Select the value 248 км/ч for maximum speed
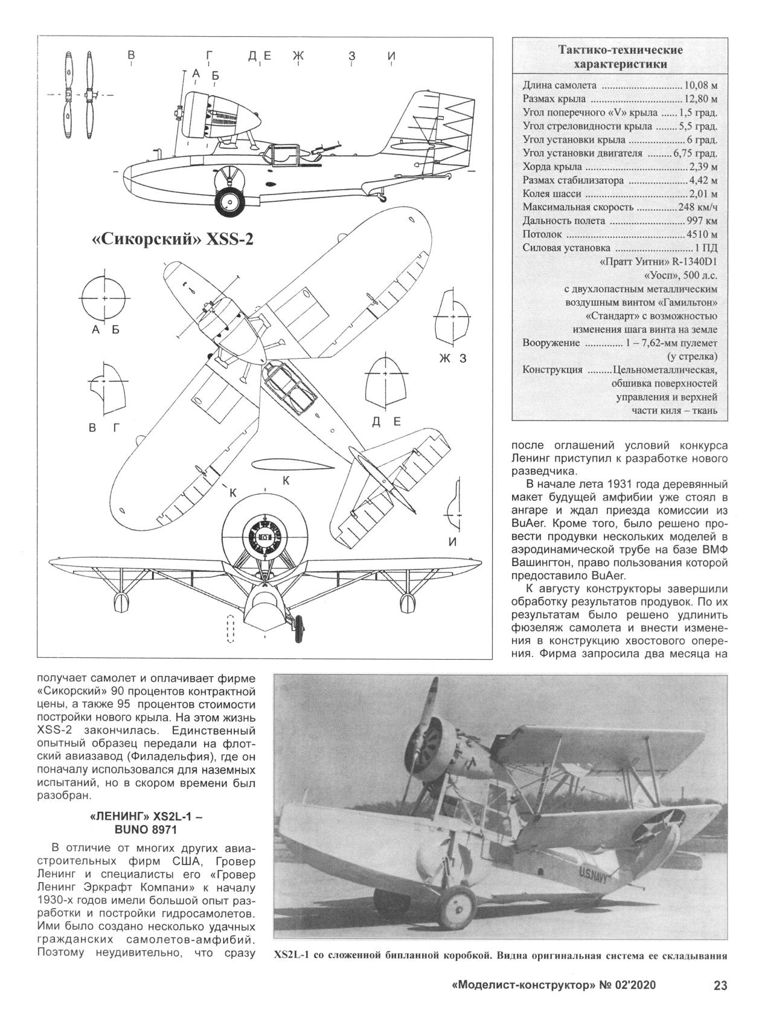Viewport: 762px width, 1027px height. click(x=697, y=207)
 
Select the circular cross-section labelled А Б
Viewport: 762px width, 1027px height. click(x=105, y=298)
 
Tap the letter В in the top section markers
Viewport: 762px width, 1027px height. click(x=130, y=56)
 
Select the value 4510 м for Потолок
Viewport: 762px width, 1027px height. click(x=701, y=234)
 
